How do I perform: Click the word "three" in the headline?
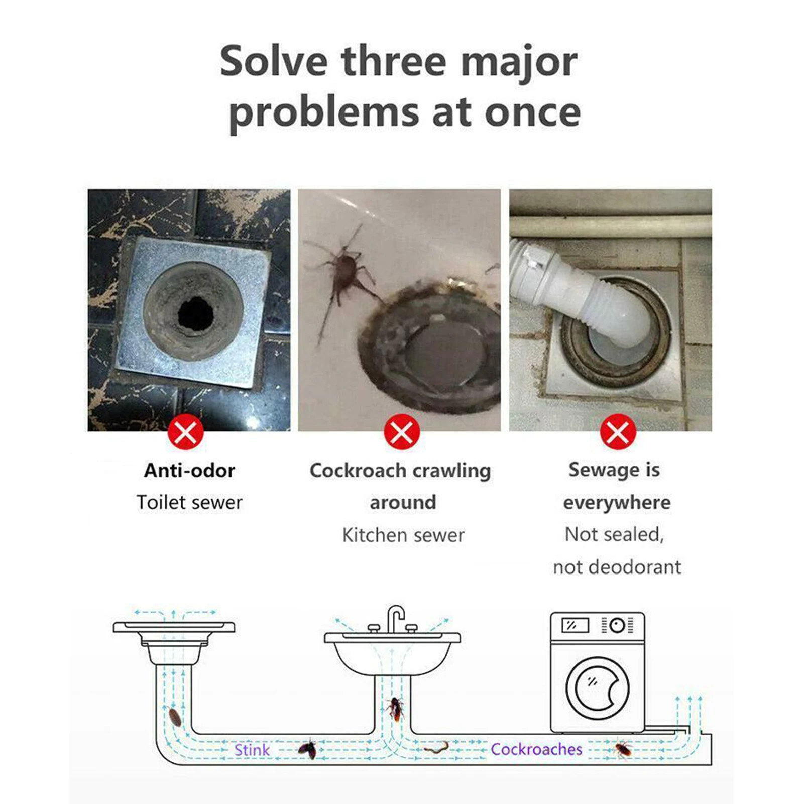pyautogui.click(x=394, y=61)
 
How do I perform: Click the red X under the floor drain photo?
pyautogui.click(x=186, y=432)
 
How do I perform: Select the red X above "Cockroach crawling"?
pyautogui.click(x=402, y=432)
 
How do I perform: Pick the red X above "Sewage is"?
pyautogui.click(x=618, y=432)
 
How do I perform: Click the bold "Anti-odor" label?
pyautogui.click(x=189, y=471)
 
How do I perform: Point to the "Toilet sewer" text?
pyautogui.click(x=189, y=502)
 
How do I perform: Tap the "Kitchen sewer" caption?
pyautogui.click(x=403, y=535)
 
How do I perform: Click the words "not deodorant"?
pyautogui.click(x=617, y=567)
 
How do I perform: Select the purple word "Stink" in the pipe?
pyautogui.click(x=252, y=750)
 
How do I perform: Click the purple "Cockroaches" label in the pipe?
pyautogui.click(x=536, y=749)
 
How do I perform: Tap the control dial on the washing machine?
pyautogui.click(x=617, y=626)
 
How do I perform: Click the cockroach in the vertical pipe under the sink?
pyautogui.click(x=396, y=709)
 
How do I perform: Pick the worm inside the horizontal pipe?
pyautogui.click(x=436, y=748)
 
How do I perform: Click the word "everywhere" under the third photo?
pyautogui.click(x=617, y=502)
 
